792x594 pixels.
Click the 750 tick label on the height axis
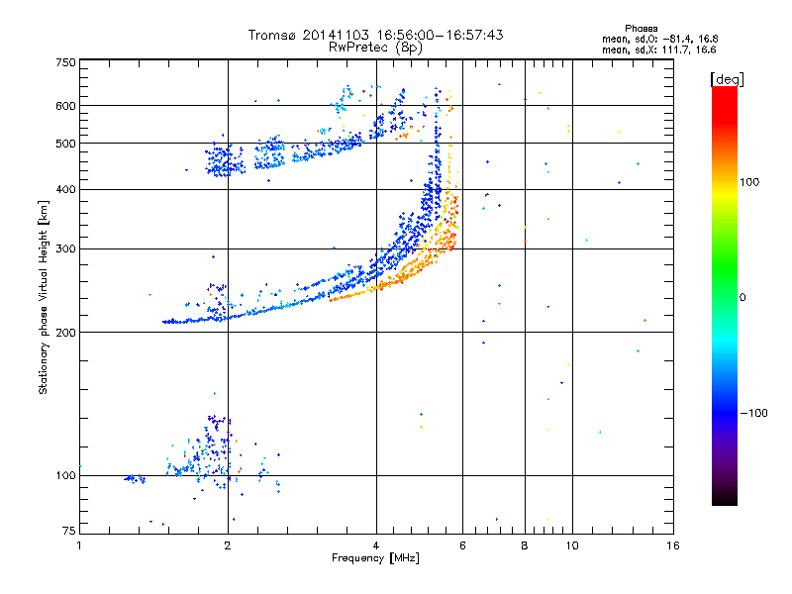pyautogui.click(x=65, y=62)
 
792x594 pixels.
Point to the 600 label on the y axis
pyautogui.click(x=65, y=106)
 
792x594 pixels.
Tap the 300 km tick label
pyautogui.click(x=65, y=249)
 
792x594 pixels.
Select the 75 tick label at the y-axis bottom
pyautogui.click(x=69, y=531)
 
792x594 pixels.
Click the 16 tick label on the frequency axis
pyautogui.click(x=673, y=545)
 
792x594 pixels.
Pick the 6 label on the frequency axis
pyautogui.click(x=462, y=545)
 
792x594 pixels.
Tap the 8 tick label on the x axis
pyautogui.click(x=525, y=545)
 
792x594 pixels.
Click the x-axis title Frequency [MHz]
pyautogui.click(x=375, y=558)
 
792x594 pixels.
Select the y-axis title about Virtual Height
pyautogui.click(x=43, y=298)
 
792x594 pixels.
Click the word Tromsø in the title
pyautogui.click(x=272, y=35)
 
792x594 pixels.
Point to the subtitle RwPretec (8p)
pyautogui.click(x=375, y=48)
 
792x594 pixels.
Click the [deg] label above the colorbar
pyautogui.click(x=727, y=79)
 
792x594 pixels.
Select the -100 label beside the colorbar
pyautogui.click(x=754, y=413)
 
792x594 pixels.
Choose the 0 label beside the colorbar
pyautogui.click(x=742, y=298)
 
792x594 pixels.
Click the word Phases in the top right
pyautogui.click(x=641, y=29)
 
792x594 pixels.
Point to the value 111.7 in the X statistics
pyautogui.click(x=676, y=49)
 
